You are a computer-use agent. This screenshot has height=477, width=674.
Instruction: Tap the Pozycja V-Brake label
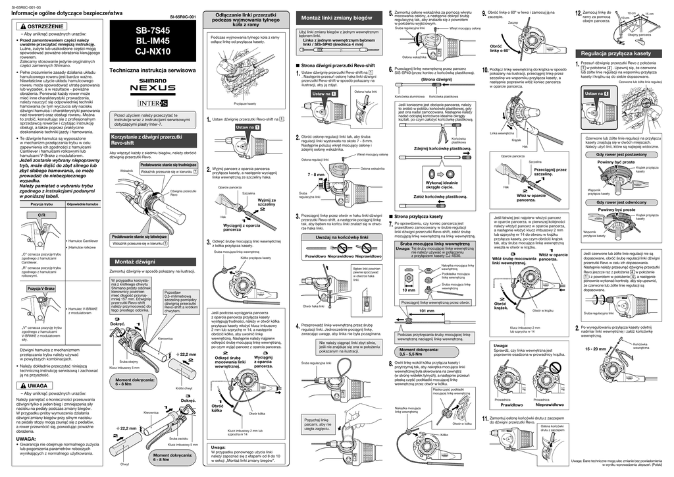pos(41,289)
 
